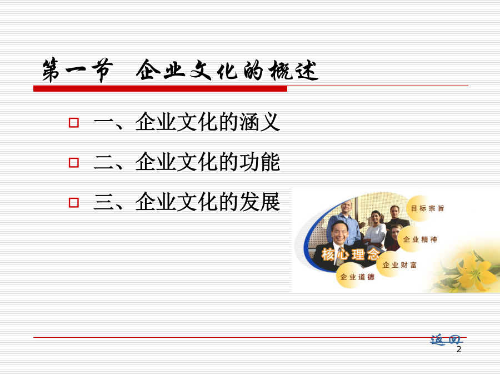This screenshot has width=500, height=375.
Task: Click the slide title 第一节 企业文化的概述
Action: [x=180, y=70]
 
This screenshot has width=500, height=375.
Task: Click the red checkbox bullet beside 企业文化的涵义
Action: [x=74, y=122]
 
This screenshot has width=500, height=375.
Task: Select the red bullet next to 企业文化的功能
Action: [x=74, y=163]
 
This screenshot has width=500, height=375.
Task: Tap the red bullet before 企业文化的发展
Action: [x=74, y=202]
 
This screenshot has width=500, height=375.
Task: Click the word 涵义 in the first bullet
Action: [x=260, y=122]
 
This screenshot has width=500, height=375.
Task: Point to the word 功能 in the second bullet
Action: [x=260, y=162]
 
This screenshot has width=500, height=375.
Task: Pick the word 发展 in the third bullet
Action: [x=260, y=202]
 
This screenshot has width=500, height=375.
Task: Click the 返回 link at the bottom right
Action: [x=446, y=340]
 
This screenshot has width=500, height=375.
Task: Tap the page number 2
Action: [x=459, y=349]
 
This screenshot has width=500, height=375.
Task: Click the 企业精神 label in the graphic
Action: [x=420, y=239]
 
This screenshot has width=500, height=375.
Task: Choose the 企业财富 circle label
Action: [x=399, y=265]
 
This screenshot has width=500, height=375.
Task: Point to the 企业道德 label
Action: [x=357, y=277]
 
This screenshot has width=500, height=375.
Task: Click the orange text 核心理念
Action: [x=350, y=254]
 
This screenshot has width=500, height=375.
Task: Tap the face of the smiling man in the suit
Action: [x=340, y=233]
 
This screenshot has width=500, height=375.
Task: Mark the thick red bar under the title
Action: [x=160, y=89]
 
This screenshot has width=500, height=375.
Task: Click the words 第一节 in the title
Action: [x=77, y=70]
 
